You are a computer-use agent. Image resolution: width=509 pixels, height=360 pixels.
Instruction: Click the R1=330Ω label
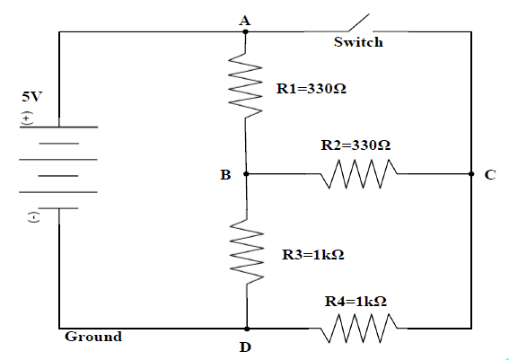309,89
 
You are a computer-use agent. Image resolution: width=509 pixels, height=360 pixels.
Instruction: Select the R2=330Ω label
355,145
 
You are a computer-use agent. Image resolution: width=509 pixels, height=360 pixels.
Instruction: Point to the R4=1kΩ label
355,303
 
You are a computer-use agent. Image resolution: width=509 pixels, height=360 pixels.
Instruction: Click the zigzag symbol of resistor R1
246,83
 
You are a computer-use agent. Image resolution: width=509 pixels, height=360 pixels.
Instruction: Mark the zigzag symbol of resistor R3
246,254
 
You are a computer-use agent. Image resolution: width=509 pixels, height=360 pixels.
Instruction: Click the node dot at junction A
246,31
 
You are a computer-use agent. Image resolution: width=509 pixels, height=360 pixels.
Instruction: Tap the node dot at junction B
246,175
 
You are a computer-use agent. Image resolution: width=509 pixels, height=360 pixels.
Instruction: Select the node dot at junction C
470,175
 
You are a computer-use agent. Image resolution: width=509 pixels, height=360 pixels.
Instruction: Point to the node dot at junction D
246,329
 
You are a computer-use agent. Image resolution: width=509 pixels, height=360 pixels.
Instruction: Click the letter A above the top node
244,18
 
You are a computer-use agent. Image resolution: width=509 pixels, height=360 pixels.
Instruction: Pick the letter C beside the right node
489,176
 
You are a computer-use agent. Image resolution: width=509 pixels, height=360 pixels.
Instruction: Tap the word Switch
357,42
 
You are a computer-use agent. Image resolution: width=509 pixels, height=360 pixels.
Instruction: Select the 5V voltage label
31,95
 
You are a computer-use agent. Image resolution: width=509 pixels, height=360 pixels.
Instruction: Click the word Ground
92,338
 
